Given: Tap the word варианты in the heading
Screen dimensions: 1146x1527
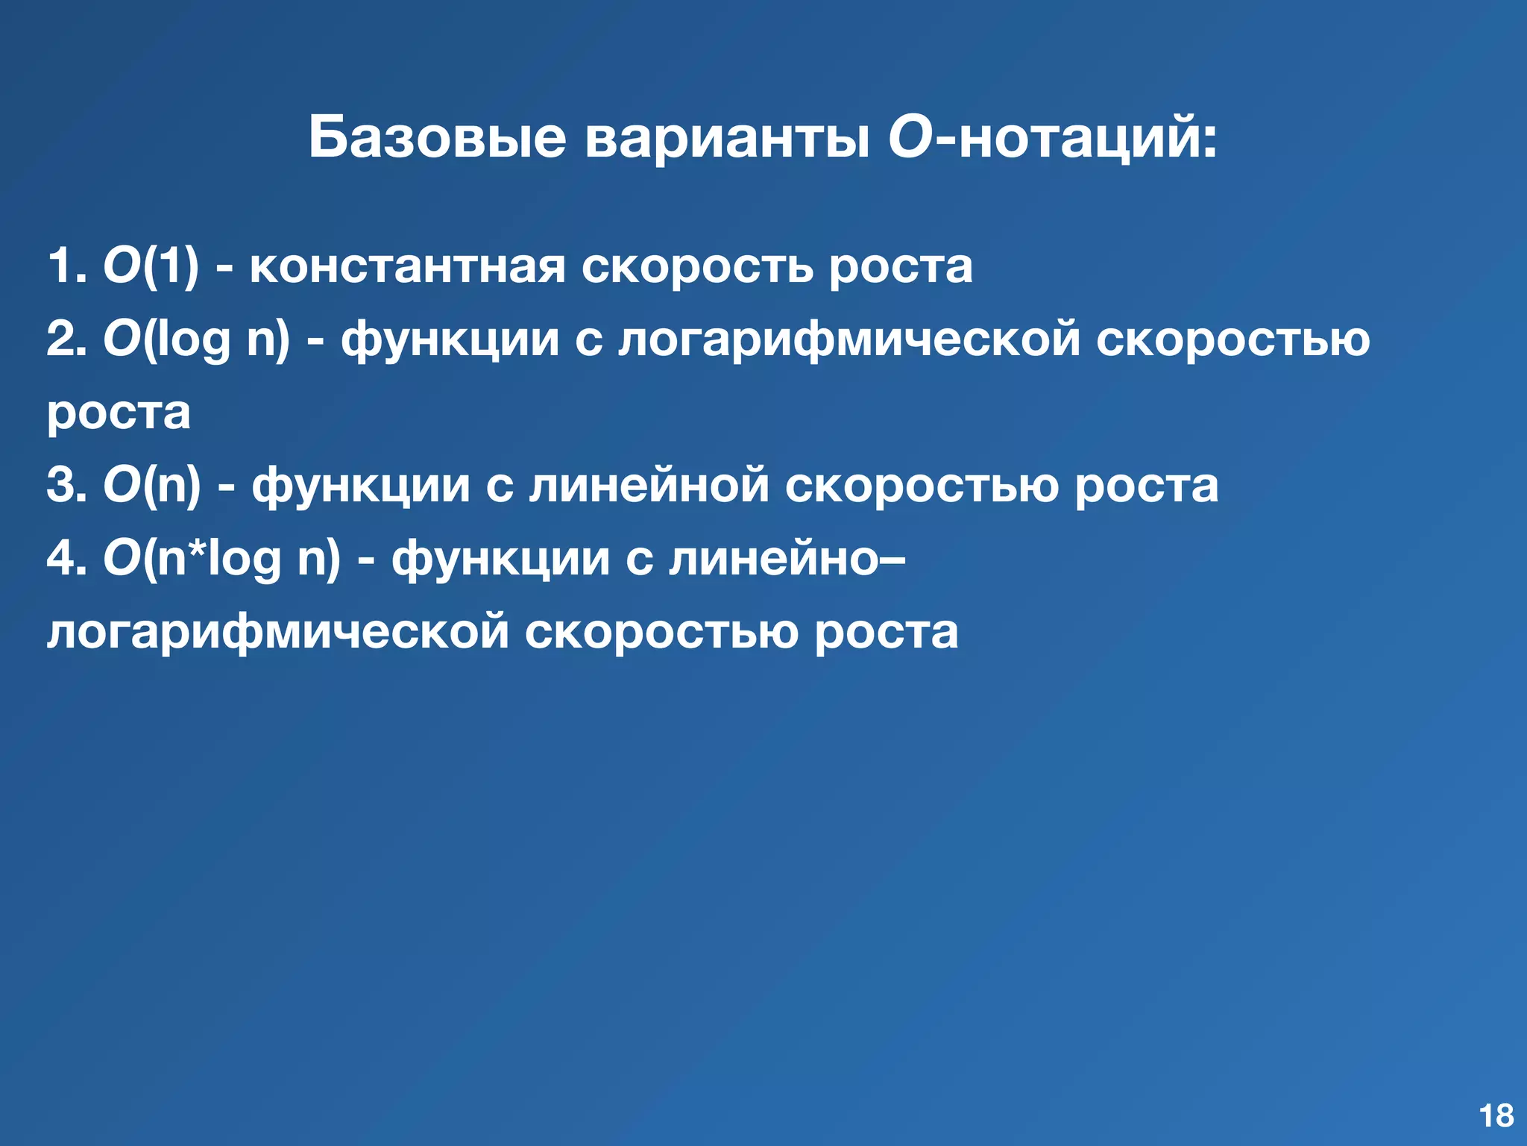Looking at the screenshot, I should pos(728,137).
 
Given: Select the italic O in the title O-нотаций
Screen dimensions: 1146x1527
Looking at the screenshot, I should pos(910,137).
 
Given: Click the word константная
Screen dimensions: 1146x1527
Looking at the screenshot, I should pos(407,266).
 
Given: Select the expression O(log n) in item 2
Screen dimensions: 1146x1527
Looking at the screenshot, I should pos(196,339).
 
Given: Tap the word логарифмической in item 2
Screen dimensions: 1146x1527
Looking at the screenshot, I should pos(849,339).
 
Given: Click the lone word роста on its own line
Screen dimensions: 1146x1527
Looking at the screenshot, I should pos(119,413).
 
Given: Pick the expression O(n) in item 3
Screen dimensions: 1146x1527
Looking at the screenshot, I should pos(152,485).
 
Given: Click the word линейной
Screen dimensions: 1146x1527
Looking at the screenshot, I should pos(649,485).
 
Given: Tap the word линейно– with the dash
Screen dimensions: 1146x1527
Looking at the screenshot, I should pos(787,558).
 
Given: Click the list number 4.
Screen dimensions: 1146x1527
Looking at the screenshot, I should pos(63,558).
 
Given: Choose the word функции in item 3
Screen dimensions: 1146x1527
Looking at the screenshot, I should pos(361,485).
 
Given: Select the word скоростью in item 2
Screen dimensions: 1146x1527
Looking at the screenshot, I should pos(1232,339).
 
